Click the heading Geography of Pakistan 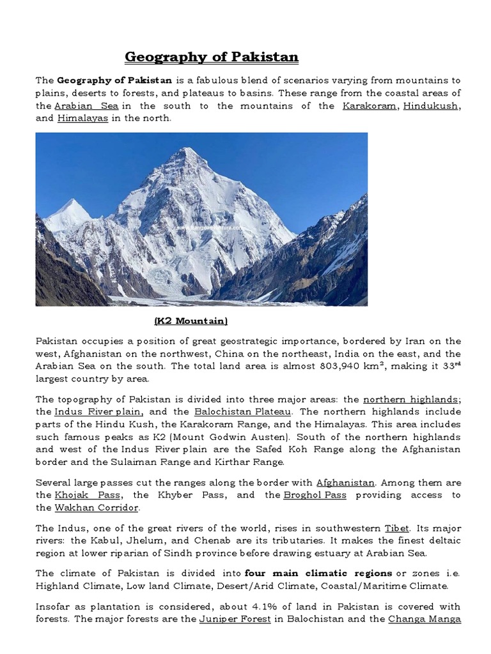point(212,57)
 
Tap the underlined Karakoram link point(369,105)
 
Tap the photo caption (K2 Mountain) point(191,320)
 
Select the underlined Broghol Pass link point(309,495)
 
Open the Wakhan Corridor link point(97,508)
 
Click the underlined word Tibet point(396,529)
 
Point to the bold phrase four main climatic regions point(318,573)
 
